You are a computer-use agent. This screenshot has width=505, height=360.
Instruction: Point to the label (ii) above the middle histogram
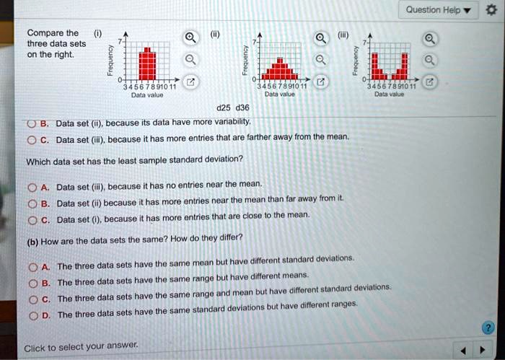click(x=214, y=32)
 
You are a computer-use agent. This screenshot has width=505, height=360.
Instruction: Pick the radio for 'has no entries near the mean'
click(x=32, y=188)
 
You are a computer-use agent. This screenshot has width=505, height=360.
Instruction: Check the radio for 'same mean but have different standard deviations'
click(x=32, y=267)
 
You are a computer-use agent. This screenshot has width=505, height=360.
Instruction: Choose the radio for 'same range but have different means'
click(x=32, y=282)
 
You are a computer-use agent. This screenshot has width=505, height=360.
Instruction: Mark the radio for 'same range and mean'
click(x=32, y=299)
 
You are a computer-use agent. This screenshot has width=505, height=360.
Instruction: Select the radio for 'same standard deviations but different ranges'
click(x=32, y=315)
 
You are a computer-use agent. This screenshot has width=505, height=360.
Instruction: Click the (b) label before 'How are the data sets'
click(x=32, y=242)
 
